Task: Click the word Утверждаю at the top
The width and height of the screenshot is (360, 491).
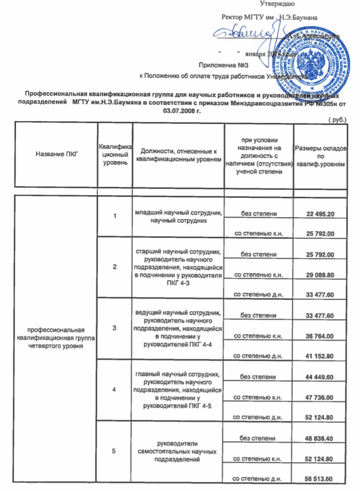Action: coord(278,5)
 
